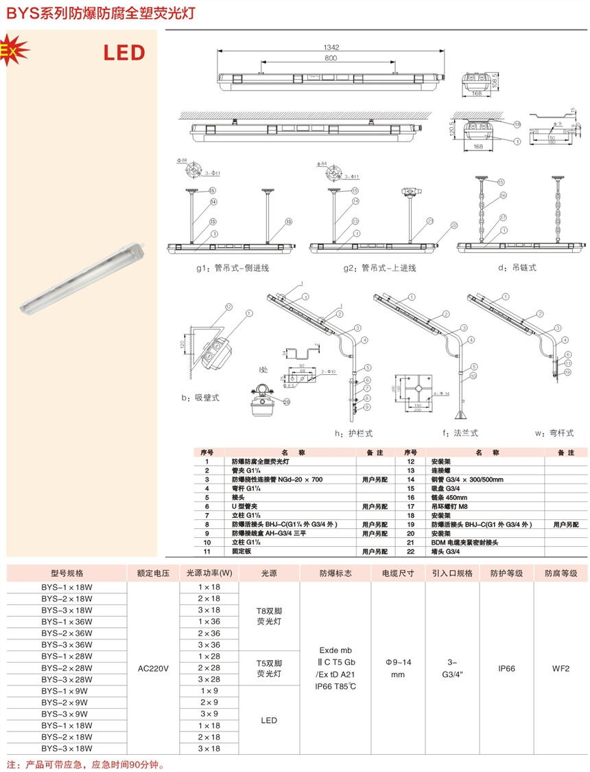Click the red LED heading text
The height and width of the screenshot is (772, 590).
[124, 52]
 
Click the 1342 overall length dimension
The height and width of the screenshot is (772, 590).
[332, 47]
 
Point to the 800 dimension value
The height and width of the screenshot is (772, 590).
[331, 58]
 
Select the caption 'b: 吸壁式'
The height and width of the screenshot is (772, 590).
[200, 398]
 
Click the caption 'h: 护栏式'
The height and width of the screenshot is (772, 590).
[353, 433]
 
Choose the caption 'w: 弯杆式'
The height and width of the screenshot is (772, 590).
[553, 433]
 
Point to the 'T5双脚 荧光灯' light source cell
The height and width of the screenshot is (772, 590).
[268, 668]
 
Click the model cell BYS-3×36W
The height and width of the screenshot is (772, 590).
[67, 644]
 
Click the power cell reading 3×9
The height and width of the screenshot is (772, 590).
[209, 714]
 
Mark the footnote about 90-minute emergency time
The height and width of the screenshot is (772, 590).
[86, 764]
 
